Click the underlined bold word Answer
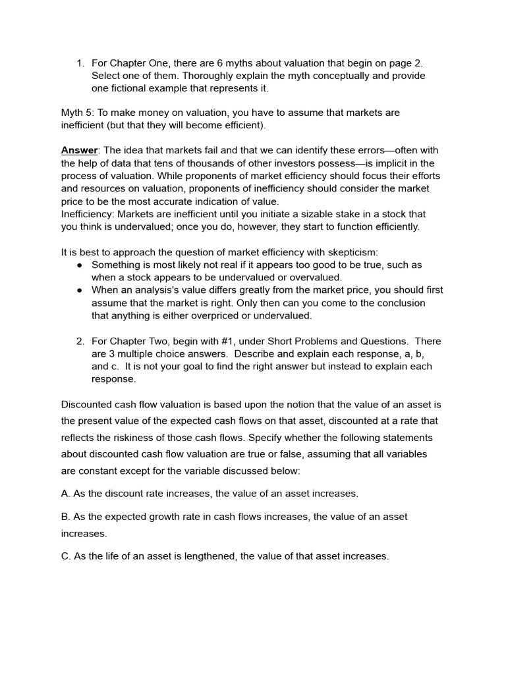pyautogui.click(x=78, y=151)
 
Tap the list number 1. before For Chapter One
pyautogui.click(x=80, y=63)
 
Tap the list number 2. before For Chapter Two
pyautogui.click(x=80, y=341)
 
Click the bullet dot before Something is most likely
pyautogui.click(x=79, y=265)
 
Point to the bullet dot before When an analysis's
pyautogui.click(x=79, y=290)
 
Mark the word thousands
pyautogui.click(x=194, y=163)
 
